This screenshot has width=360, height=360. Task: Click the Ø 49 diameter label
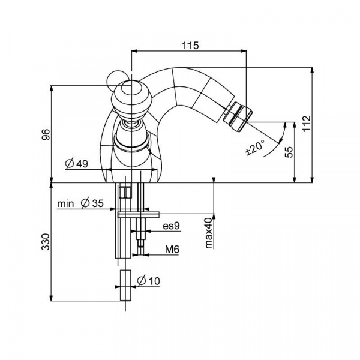click(x=77, y=163)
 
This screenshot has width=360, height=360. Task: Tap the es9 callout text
click(x=171, y=226)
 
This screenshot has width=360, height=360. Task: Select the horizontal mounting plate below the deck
click(x=139, y=212)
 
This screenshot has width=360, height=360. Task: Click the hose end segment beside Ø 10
click(x=125, y=287)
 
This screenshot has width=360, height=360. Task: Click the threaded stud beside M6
click(x=140, y=240)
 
